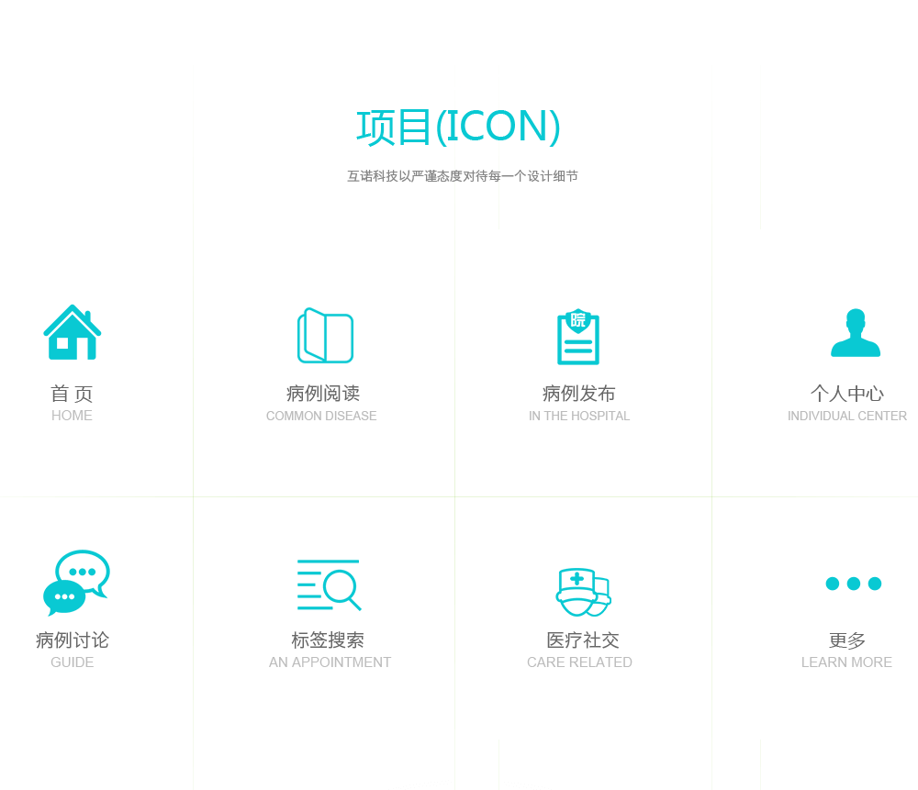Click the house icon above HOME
[x=73, y=332]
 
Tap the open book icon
[x=324, y=336]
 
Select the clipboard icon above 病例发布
[x=578, y=337]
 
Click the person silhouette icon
[x=856, y=333]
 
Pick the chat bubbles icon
[x=76, y=583]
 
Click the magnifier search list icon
[x=328, y=584]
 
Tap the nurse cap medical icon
[x=583, y=592]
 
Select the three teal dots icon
[x=854, y=584]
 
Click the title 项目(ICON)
[x=458, y=127]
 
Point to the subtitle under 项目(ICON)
[x=462, y=176]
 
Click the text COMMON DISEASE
[x=321, y=416]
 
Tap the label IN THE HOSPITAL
[x=579, y=416]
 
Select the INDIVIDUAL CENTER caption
[x=847, y=416]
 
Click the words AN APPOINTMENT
[x=330, y=662]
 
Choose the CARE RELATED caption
[x=579, y=662]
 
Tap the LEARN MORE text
[x=846, y=662]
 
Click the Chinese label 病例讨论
[x=72, y=640]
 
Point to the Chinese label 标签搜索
[x=328, y=640]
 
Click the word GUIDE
[x=72, y=662]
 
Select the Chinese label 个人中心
[x=846, y=394]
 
